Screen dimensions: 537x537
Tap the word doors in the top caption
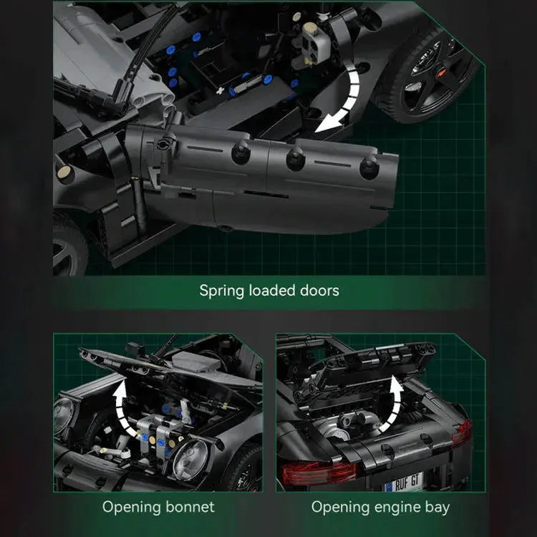(319, 291)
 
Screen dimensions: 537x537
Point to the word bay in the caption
(437, 508)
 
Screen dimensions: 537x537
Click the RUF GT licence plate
(404, 483)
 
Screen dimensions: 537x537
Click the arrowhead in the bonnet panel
(120, 390)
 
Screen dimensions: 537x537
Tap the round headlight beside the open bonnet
(190, 459)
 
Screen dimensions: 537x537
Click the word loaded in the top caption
(272, 291)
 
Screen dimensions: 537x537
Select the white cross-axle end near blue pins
(220, 91)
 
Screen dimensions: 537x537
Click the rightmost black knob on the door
(369, 167)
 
